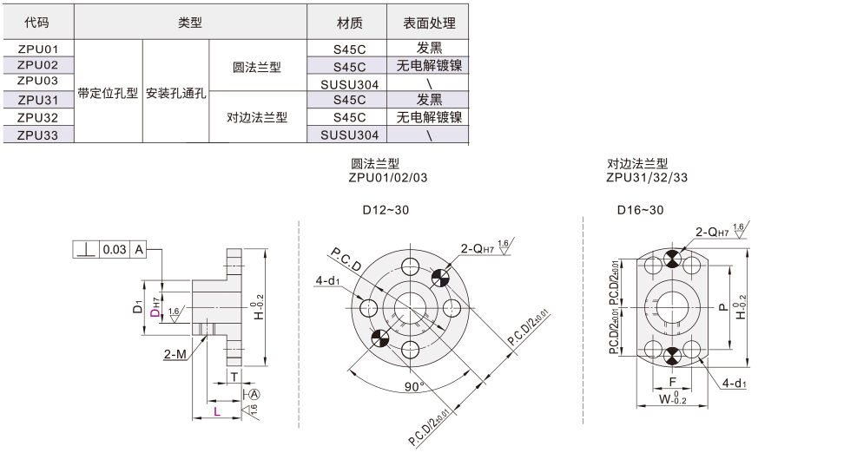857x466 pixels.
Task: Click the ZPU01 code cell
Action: (37, 49)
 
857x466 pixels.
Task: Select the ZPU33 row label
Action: (37, 135)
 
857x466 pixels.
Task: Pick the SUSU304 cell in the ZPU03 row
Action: (349, 83)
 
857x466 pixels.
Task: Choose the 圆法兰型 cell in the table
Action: (258, 66)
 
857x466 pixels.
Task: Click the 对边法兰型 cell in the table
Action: (258, 117)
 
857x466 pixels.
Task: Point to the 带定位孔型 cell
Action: (108, 92)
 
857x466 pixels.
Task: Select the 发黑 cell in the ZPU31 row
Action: (429, 100)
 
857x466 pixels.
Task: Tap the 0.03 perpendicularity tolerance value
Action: (115, 249)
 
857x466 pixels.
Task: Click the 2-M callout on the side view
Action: (174, 354)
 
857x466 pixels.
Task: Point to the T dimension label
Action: (234, 376)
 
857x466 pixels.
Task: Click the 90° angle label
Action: (413, 386)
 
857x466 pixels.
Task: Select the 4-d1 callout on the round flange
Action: (328, 280)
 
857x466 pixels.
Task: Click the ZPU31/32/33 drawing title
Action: (647, 177)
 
